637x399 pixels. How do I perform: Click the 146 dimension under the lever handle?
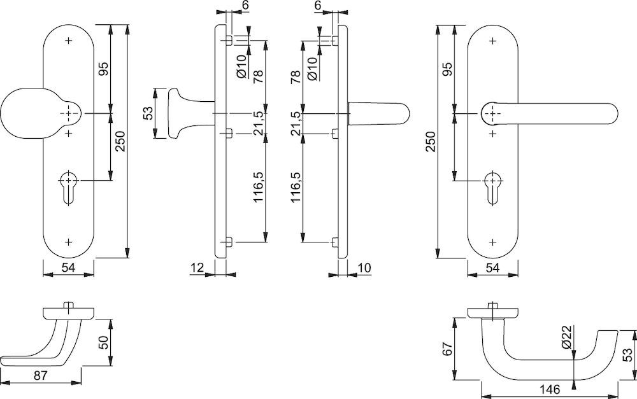tap(550, 389)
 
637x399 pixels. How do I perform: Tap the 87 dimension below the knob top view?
tap(40, 376)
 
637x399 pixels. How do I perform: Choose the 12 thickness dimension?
tap(197, 267)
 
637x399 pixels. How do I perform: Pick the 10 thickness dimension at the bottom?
tap(364, 267)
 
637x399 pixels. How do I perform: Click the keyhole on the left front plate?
tap(68, 187)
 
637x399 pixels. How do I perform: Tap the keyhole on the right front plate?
tap(493, 187)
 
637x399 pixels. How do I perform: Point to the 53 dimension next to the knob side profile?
tap(148, 113)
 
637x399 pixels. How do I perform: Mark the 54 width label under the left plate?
tap(68, 267)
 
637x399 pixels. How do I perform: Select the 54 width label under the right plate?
tap(493, 267)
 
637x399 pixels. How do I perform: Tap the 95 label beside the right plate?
tap(447, 69)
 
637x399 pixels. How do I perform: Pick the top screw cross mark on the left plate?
tap(68, 41)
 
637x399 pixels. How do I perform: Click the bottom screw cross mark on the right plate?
tap(493, 242)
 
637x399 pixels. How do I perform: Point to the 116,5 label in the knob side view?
tap(259, 186)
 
